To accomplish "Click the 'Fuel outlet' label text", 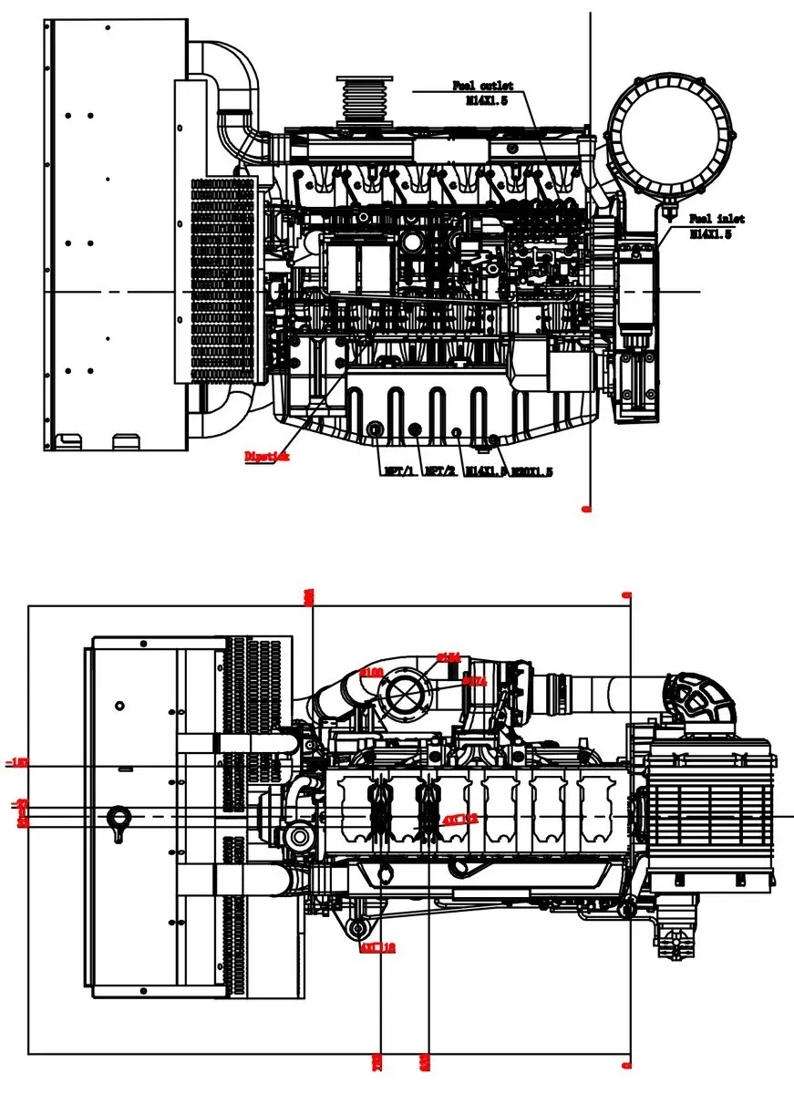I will coord(483,86).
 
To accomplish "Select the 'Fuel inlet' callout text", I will coord(717,219).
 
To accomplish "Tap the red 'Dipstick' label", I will coord(266,457).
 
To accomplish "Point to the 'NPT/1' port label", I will coord(399,471).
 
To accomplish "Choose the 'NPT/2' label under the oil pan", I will coord(441,471).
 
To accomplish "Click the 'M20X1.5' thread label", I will coord(531,471).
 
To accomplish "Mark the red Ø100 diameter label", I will coord(371,671).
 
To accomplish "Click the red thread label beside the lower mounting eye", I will coord(377,948).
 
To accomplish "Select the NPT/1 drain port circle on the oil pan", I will coord(375,429).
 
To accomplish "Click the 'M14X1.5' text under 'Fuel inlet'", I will coord(711,233).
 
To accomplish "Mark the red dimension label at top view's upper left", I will coord(308,597).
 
